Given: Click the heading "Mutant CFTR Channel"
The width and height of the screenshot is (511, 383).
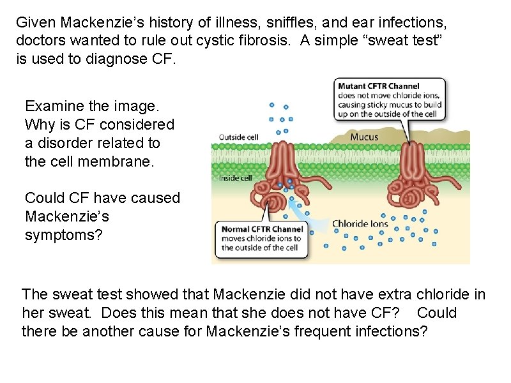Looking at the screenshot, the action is [x=378, y=86].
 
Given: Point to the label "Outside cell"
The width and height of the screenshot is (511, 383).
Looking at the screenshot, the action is [x=239, y=136].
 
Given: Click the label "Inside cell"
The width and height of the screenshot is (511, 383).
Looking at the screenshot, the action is [x=235, y=178].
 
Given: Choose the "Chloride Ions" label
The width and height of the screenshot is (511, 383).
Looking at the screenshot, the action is [x=360, y=224].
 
